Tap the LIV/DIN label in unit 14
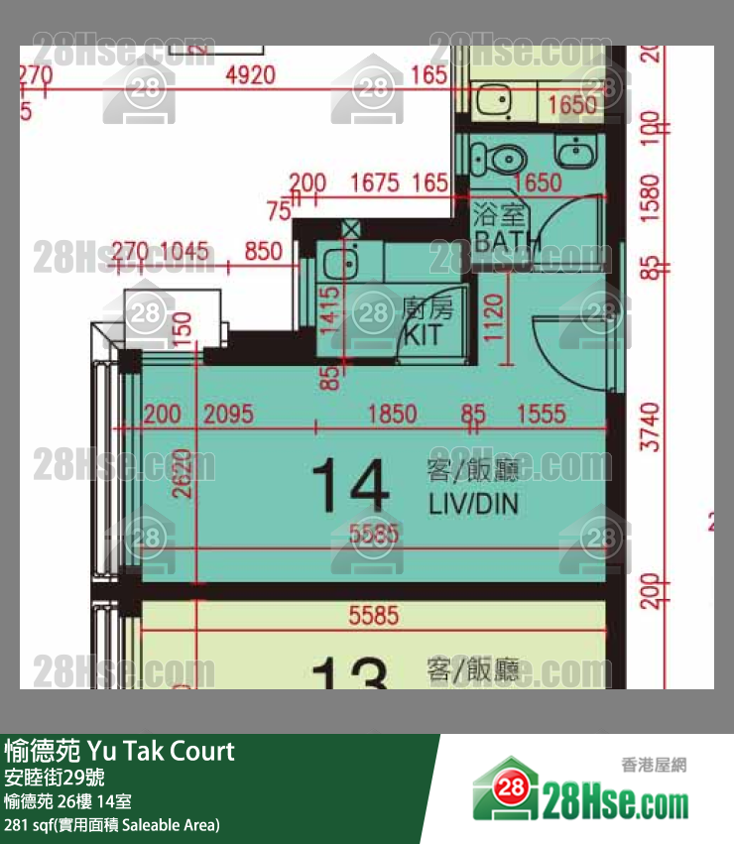click(x=473, y=504)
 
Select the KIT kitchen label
click(x=424, y=333)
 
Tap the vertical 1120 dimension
click(x=497, y=321)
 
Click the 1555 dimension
click(x=541, y=414)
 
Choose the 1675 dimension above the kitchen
click(x=373, y=182)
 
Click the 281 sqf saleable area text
click(x=112, y=825)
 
